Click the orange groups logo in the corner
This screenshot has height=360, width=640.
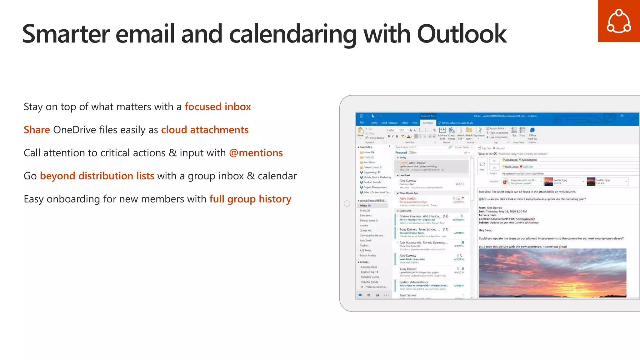point(618,21)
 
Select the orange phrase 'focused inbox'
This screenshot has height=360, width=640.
point(217,107)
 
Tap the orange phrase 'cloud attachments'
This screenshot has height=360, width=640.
point(205,130)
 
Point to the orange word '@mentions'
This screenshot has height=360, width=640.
point(256,153)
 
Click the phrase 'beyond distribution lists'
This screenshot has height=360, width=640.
point(97,176)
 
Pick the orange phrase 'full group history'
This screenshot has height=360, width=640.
point(250,199)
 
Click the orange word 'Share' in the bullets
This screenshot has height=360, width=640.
point(37,130)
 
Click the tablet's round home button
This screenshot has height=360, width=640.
point(347,203)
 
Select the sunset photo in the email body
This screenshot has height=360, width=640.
point(552,272)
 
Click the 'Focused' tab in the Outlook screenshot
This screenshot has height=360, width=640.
point(401,153)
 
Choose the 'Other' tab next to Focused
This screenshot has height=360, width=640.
point(412,153)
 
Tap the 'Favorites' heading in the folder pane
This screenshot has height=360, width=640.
point(366,147)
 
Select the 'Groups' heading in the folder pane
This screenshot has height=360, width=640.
point(364,262)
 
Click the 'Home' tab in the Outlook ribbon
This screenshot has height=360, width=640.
point(374,123)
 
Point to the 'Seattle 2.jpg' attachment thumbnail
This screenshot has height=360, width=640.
point(548,182)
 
